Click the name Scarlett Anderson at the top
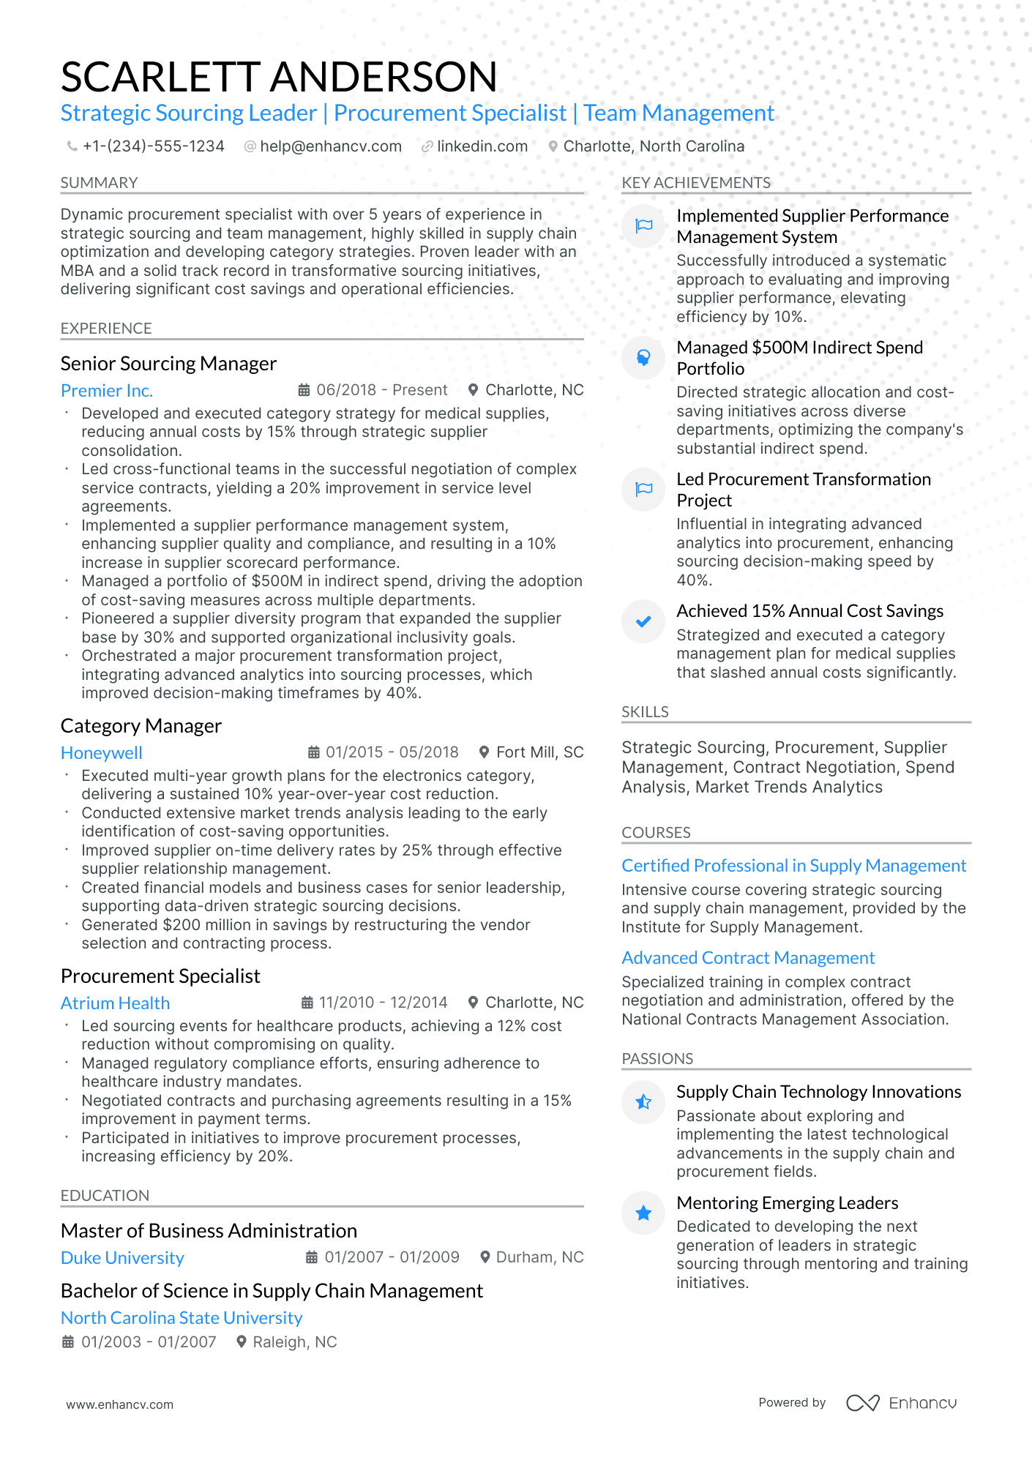coord(279,77)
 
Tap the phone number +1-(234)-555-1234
coord(153,146)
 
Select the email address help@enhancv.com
coord(330,146)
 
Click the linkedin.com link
coord(482,146)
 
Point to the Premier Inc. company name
coord(107,391)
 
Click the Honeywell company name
coord(102,753)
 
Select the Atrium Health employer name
coord(115,1003)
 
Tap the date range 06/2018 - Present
coord(381,390)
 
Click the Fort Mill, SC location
coord(539,752)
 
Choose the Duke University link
coord(122,1258)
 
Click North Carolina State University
coord(182,1318)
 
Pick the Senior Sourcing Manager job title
coord(168,364)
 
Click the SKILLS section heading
coord(645,712)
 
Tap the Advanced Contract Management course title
coord(748,958)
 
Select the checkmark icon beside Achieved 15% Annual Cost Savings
coord(643,622)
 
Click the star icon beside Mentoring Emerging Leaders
coord(643,1213)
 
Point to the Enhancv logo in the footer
coord(902,1403)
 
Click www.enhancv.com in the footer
coord(120,1404)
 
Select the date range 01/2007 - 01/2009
coord(392,1257)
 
